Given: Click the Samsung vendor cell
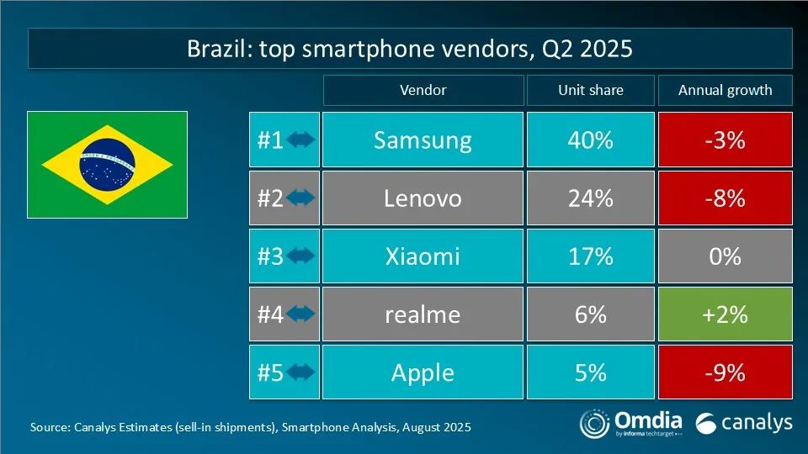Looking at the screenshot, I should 423,140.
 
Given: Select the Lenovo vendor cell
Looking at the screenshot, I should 423,198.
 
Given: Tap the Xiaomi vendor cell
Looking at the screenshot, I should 423,256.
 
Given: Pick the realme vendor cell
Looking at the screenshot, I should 423,314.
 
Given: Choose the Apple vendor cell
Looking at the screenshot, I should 423,372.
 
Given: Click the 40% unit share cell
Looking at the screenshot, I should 590,140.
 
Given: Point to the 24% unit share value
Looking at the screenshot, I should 590,198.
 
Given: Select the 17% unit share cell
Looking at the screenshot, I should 590,256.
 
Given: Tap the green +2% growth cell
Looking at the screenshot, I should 725,314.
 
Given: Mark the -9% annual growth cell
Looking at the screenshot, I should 725,372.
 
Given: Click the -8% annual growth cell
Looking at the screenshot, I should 725,198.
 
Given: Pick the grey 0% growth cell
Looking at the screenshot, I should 725,256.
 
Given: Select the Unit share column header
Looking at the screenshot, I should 590,90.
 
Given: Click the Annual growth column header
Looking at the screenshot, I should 725,90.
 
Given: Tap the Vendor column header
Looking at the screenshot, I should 423,90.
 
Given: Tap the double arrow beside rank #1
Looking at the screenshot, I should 300,140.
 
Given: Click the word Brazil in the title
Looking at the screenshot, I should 214,49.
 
